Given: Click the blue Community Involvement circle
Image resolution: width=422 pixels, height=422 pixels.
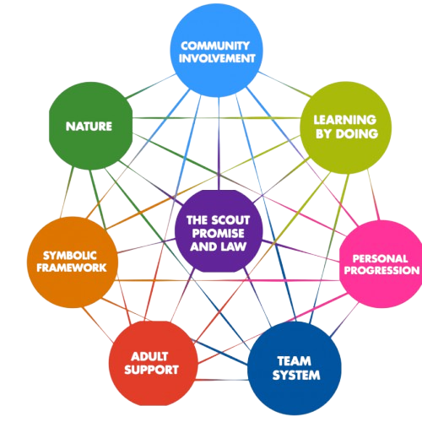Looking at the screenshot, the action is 217,51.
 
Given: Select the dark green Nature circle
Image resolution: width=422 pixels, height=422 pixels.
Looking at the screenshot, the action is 90,126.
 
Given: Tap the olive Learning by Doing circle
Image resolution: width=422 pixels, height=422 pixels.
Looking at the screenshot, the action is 345,127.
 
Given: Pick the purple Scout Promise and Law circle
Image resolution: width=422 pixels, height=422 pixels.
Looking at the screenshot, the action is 219,231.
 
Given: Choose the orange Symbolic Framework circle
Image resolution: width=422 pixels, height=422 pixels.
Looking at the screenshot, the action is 73,262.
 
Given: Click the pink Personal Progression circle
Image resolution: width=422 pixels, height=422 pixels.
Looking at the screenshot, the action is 381,264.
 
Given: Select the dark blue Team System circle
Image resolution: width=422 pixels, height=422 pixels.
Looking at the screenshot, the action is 295,368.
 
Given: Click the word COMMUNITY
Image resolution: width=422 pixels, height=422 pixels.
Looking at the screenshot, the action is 215,46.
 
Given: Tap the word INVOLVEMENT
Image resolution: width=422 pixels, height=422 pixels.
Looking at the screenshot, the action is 217,58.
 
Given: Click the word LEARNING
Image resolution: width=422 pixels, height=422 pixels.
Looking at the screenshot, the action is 345,120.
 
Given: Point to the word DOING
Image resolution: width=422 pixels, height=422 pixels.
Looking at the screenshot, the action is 357,134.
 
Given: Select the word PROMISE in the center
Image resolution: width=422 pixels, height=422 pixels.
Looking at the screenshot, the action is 219,233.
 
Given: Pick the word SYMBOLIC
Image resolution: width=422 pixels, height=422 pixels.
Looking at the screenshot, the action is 70,256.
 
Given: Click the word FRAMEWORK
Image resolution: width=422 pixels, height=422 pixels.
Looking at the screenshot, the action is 72,268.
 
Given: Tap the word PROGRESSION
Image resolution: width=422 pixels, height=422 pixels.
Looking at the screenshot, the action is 381,270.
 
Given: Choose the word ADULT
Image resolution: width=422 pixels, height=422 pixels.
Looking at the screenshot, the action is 149,357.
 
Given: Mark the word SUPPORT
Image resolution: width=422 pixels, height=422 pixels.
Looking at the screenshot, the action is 151,370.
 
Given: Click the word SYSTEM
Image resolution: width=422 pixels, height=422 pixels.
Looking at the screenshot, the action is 296,376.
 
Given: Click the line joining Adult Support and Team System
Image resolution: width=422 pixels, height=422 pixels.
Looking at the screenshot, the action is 223,380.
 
